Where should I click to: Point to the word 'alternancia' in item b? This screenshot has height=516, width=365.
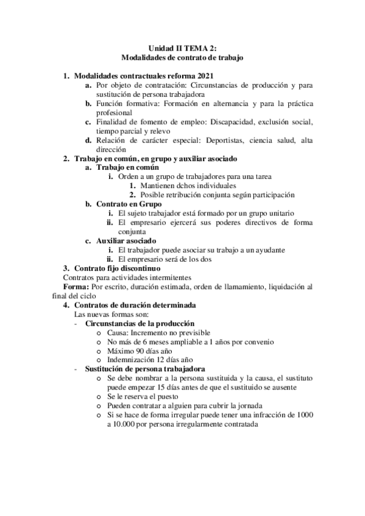(x=233, y=103)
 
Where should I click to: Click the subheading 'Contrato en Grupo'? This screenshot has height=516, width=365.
(x=129, y=204)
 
